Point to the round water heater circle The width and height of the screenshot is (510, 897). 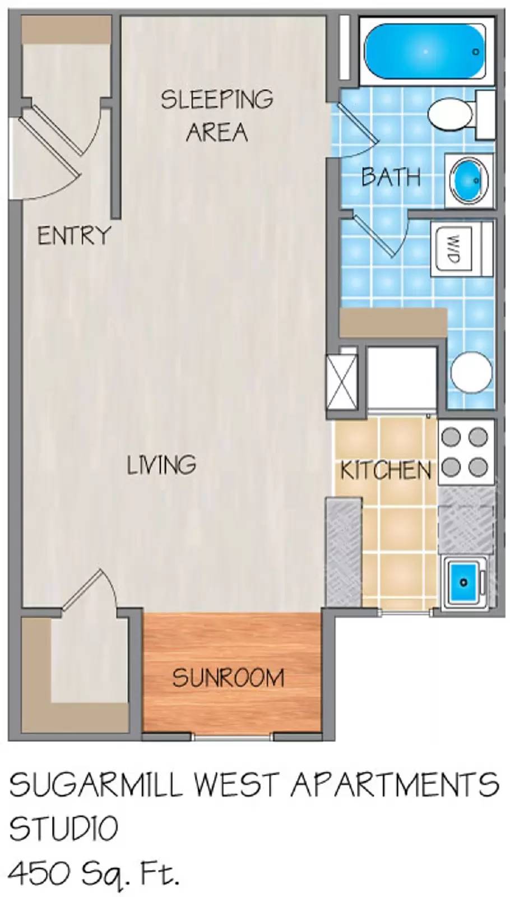point(471,372)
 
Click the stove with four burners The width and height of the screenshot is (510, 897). point(463,452)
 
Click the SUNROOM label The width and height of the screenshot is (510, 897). point(228,678)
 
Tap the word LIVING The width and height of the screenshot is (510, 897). point(161,465)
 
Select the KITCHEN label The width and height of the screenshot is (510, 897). point(386,470)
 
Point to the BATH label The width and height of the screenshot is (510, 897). point(391,177)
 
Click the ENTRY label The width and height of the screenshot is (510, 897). point(74,235)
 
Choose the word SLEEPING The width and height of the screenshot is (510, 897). point(217,99)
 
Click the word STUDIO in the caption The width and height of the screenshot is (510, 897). point(63,828)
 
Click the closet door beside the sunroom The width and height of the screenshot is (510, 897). point(90,591)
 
